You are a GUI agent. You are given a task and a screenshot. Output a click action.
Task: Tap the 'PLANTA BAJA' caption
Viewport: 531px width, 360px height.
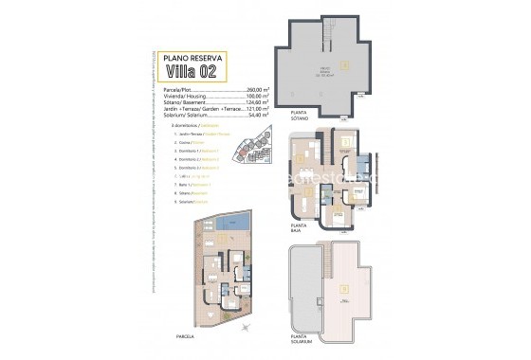click(302, 229)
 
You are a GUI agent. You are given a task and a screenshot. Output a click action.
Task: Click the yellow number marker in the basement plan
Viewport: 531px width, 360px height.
click(346, 64)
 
